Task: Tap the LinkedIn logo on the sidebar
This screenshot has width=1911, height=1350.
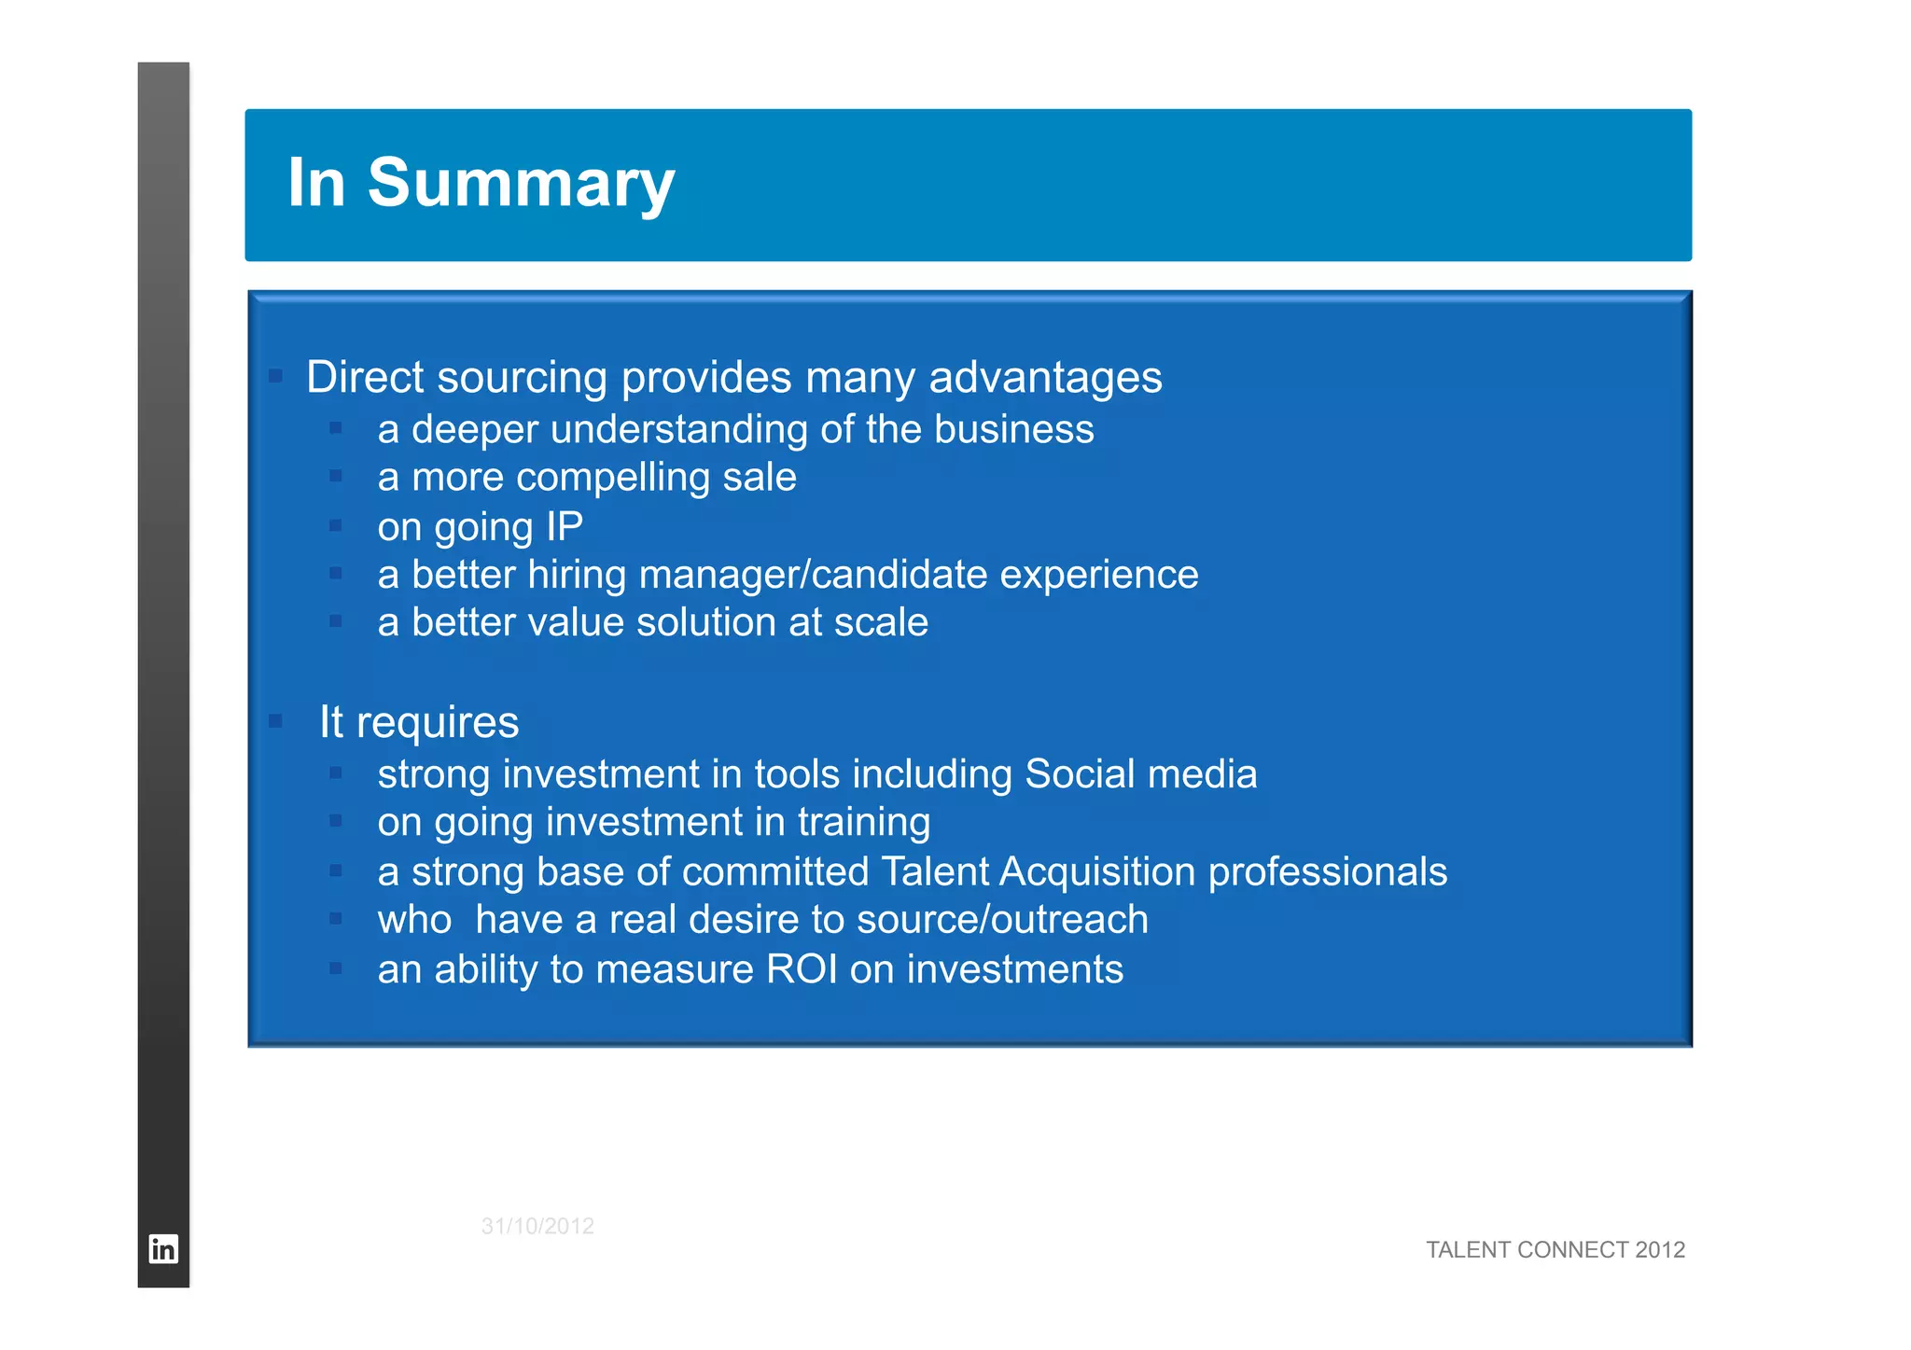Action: (x=163, y=1248)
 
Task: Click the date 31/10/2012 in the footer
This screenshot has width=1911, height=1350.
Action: (x=537, y=1226)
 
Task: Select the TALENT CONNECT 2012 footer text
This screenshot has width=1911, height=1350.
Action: (x=1555, y=1249)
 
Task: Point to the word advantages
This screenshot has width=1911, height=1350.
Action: (x=1045, y=377)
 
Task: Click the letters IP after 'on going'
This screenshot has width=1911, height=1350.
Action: (x=565, y=526)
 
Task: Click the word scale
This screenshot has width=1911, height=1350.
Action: (x=881, y=622)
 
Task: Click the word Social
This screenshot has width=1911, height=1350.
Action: (x=1080, y=774)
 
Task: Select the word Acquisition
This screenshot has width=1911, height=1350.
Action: (x=1097, y=871)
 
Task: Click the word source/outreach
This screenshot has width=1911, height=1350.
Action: (x=1002, y=920)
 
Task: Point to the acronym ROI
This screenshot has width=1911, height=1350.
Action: (x=802, y=969)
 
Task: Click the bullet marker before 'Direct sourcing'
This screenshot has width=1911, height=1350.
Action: (x=275, y=376)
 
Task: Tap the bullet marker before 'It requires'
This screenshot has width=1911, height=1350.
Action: (x=275, y=720)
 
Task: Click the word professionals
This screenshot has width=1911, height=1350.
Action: (x=1327, y=871)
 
